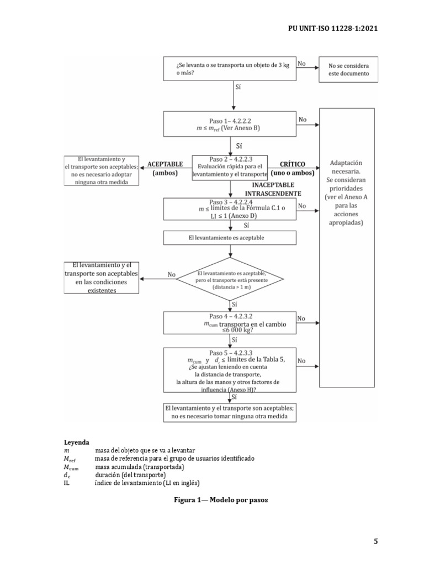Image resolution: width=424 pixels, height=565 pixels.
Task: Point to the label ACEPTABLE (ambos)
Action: [165, 168]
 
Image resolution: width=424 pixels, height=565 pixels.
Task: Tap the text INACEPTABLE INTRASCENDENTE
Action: [273, 189]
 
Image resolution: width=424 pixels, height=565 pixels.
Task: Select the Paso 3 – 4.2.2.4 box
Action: [230, 209]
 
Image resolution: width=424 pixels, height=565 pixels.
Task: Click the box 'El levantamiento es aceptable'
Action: [230, 237]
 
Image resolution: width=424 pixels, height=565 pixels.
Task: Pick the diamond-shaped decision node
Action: [231, 279]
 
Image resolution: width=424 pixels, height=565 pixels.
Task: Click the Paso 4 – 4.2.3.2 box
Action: [230, 322]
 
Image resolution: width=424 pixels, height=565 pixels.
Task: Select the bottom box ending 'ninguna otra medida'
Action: [230, 412]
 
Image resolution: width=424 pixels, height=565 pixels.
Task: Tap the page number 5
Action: [375, 541]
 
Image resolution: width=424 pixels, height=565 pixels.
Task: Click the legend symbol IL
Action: [67, 483]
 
